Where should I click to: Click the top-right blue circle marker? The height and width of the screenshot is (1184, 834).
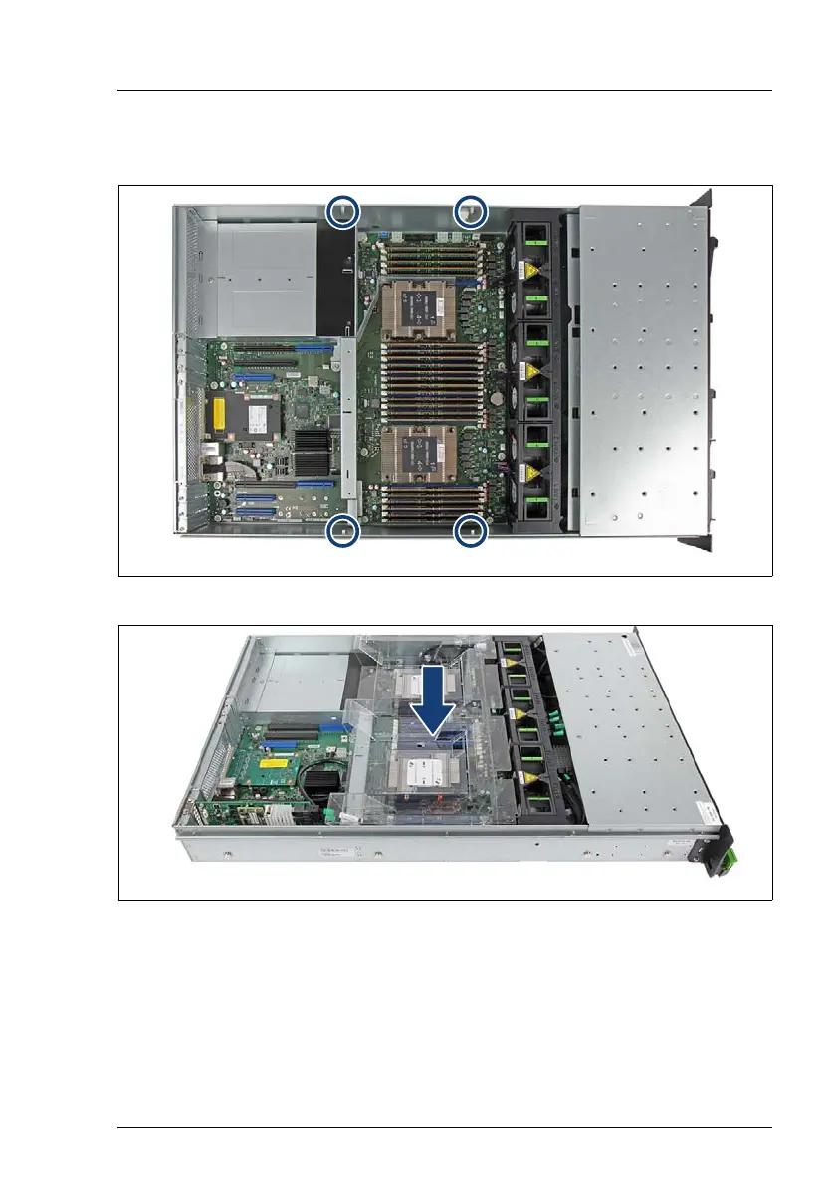click(470, 211)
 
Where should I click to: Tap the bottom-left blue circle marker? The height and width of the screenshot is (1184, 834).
click(341, 531)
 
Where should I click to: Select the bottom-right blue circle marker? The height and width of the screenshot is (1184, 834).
click(470, 531)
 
